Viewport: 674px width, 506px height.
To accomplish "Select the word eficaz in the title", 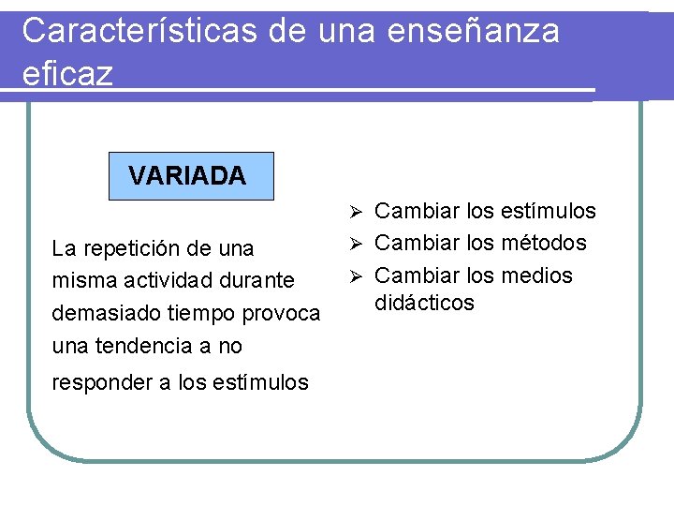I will tap(67, 72).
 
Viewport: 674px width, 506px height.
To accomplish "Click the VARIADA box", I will tap(191, 176).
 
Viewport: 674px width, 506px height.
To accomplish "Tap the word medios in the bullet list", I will tap(536, 275).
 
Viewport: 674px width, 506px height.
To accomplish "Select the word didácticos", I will tap(425, 303).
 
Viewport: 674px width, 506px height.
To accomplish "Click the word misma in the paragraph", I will tap(79, 280).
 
